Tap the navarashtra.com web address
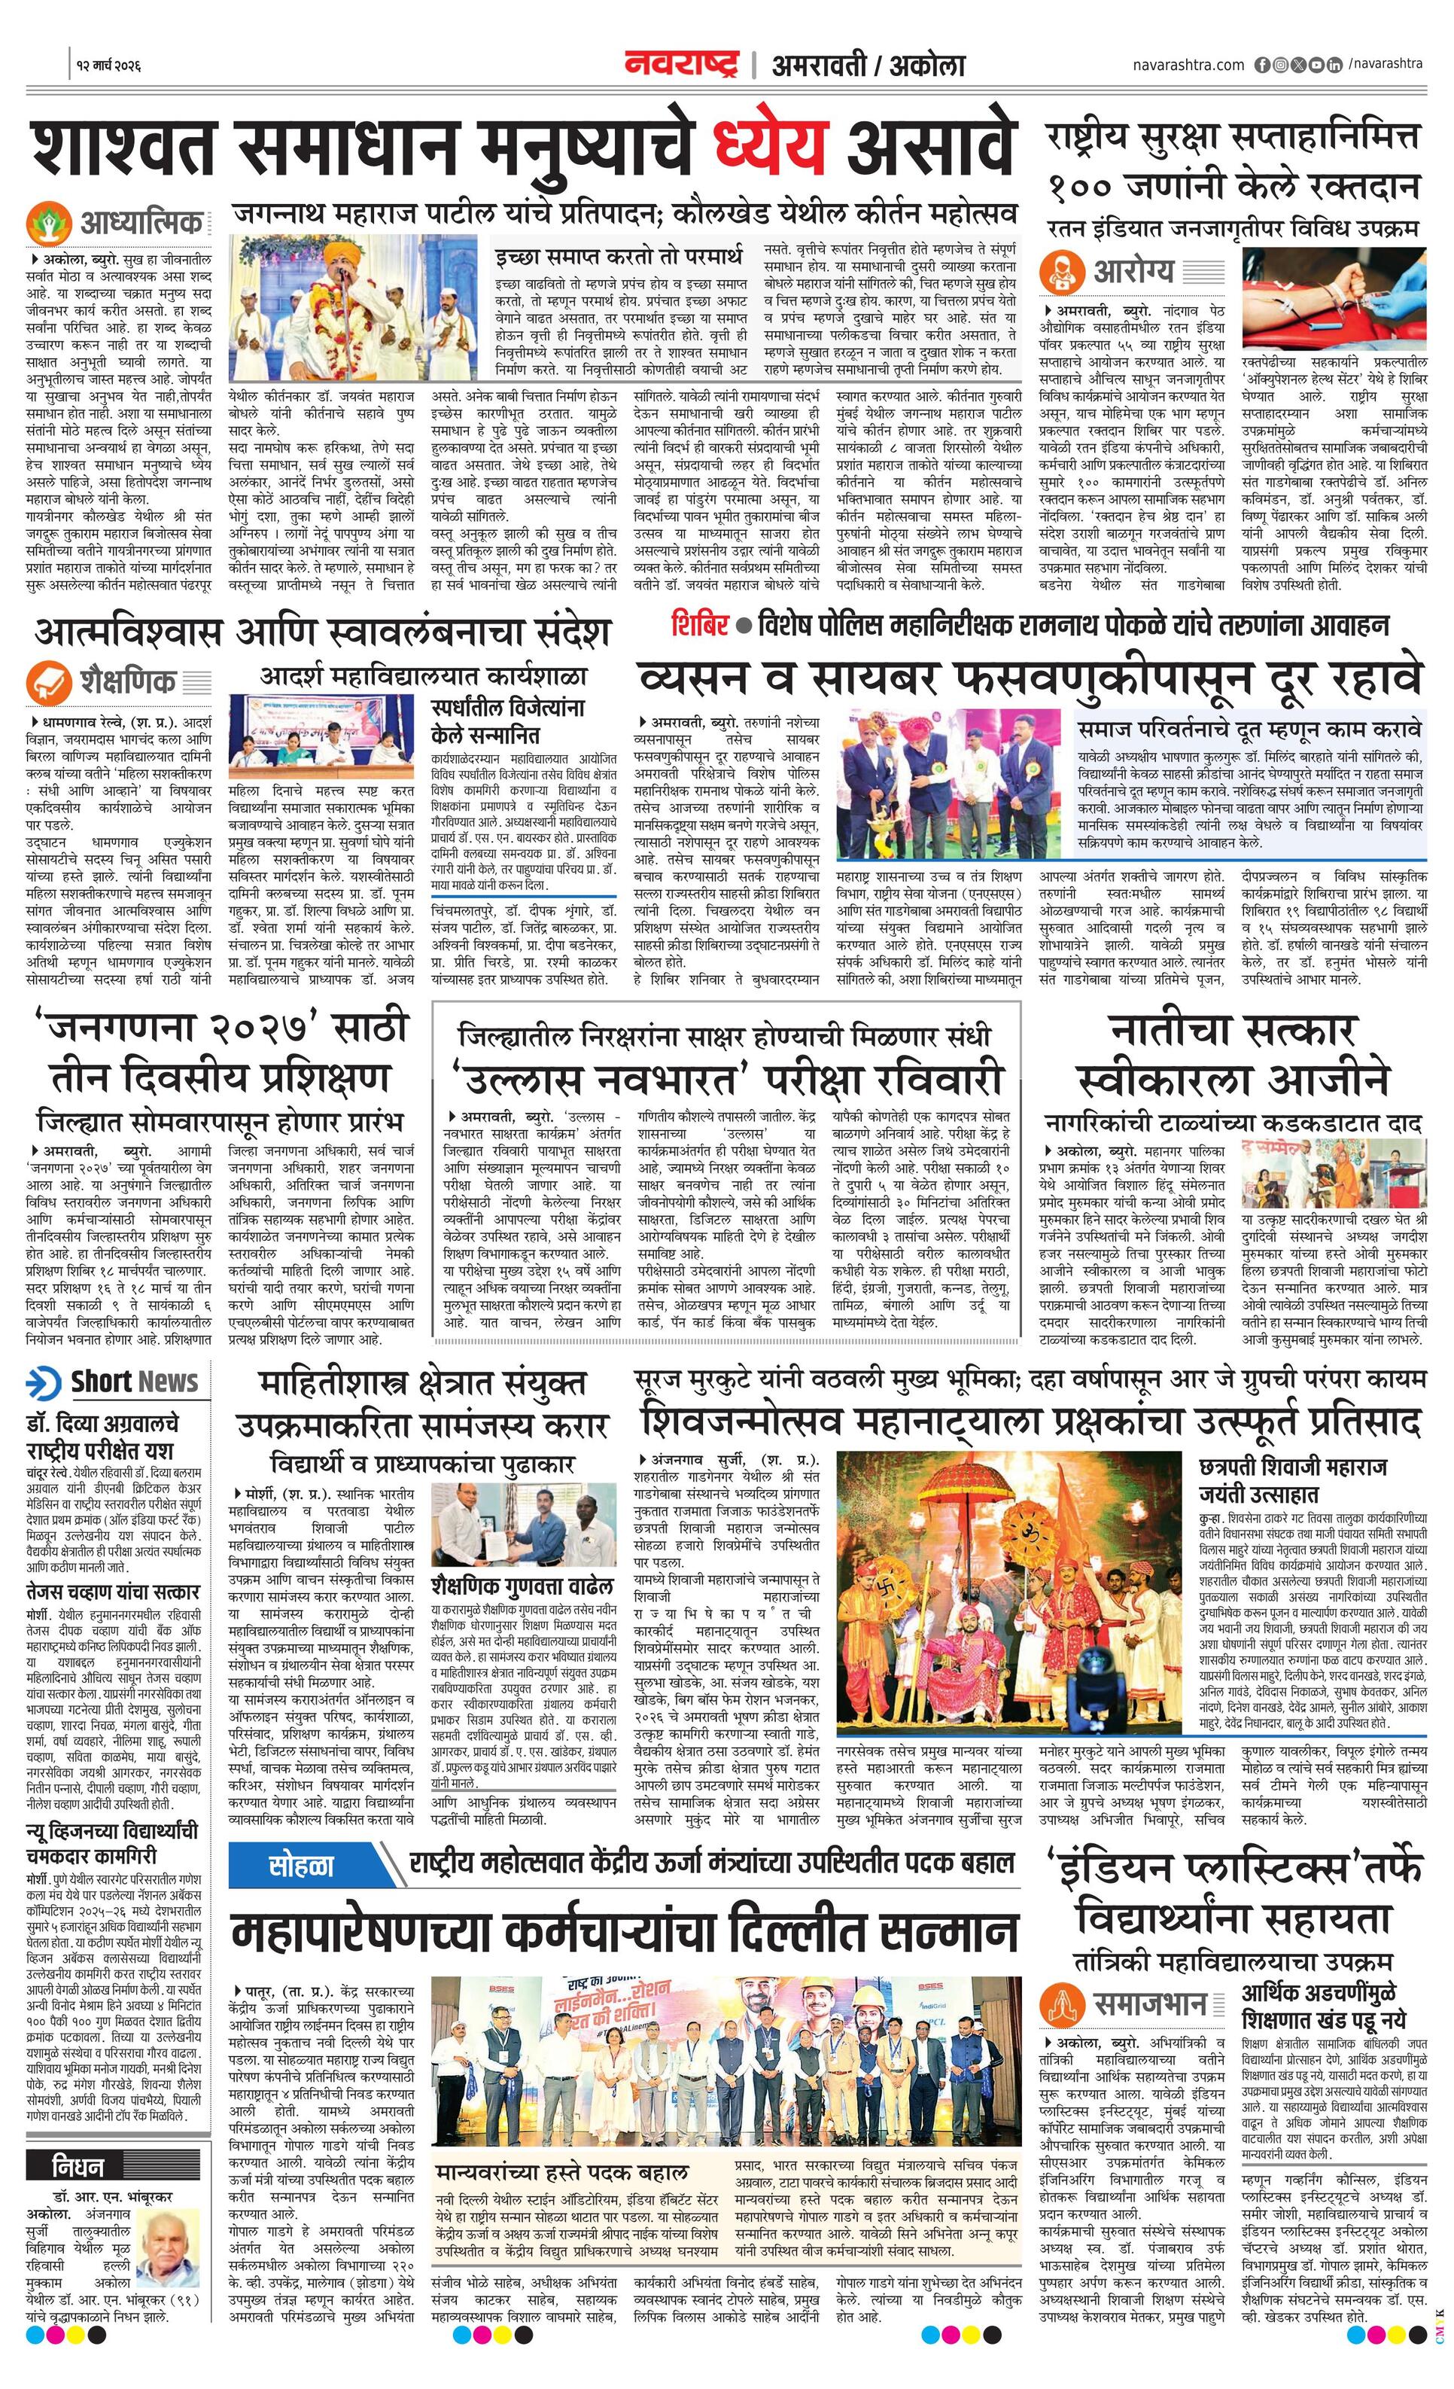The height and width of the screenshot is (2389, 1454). click(1188, 65)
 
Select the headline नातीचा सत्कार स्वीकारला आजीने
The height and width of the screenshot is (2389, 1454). click(1233, 1055)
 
